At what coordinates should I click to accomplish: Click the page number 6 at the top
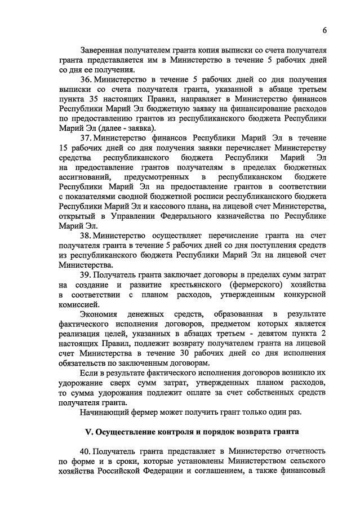(325, 30)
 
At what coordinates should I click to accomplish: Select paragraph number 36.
(86, 80)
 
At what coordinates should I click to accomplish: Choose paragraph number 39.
(86, 275)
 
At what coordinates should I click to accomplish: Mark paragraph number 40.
(86, 452)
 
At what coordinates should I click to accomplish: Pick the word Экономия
(99, 314)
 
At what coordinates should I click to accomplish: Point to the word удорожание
(83, 383)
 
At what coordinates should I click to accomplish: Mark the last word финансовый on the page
(304, 472)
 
